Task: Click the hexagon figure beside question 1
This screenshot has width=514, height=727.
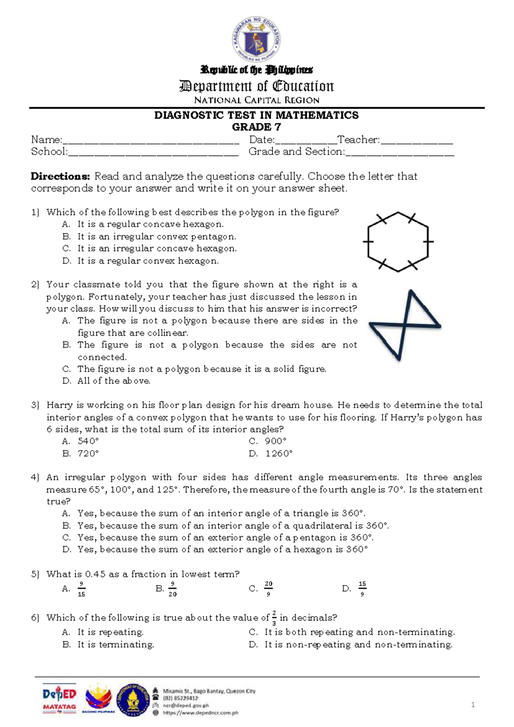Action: (x=398, y=242)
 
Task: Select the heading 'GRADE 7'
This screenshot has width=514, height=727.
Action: (x=257, y=127)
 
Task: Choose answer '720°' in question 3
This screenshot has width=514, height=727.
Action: (x=88, y=454)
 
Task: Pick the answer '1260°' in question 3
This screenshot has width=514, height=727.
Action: (x=279, y=454)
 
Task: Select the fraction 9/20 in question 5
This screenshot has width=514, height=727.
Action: (x=172, y=589)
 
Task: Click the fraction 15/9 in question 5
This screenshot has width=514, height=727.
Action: (x=362, y=589)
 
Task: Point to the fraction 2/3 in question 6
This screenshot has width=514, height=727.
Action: (x=274, y=618)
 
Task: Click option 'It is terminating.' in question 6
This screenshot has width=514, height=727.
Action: (x=115, y=644)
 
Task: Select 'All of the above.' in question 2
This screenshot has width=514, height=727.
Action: (x=114, y=381)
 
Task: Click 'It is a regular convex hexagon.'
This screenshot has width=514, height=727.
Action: (x=148, y=261)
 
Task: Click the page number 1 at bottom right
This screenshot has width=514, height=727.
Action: (x=473, y=705)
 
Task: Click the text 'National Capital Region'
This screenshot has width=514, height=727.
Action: (x=257, y=100)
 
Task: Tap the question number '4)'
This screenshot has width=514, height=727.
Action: (x=35, y=477)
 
